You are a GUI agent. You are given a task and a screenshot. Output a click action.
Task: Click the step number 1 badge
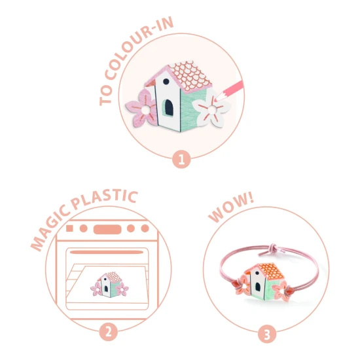(x=181, y=159)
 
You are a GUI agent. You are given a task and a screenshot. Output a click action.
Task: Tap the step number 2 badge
(x=109, y=332)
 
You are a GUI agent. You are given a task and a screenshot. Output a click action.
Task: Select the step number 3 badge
(x=267, y=334)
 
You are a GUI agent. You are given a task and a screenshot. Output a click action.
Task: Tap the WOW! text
(x=231, y=207)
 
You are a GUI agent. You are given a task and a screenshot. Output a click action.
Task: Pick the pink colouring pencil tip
(x=217, y=98)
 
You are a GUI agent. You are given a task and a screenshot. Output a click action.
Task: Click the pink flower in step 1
(x=141, y=108)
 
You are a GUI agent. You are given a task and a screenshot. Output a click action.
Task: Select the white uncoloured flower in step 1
(x=211, y=110)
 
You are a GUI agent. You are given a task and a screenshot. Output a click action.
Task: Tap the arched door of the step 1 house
(x=169, y=107)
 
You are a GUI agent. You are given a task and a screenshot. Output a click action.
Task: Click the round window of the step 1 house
(x=166, y=81)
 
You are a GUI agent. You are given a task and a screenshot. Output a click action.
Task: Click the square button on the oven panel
(x=69, y=228)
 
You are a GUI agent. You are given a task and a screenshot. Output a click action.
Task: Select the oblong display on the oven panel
(x=107, y=229)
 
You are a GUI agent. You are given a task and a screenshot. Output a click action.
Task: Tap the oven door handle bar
(x=107, y=252)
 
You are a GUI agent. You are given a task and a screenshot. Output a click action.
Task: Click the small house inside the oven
(x=109, y=285)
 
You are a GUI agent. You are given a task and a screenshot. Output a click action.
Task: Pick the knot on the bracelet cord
(x=274, y=248)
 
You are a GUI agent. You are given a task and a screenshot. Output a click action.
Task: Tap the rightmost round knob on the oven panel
(x=145, y=228)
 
